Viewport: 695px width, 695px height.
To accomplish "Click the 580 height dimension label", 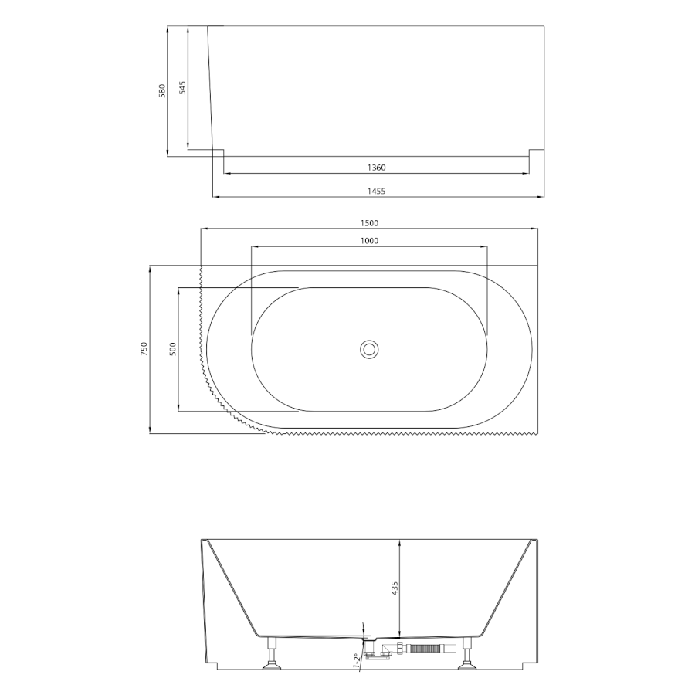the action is [x=162, y=90].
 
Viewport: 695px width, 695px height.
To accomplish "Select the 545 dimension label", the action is [x=182, y=88].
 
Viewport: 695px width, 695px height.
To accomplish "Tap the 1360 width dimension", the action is [x=376, y=168].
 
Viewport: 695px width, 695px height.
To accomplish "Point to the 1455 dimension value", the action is [x=376, y=191].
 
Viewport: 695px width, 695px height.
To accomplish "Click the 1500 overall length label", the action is [x=369, y=223].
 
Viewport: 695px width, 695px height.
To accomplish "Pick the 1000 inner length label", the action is [x=369, y=241].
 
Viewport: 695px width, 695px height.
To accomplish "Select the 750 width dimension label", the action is [x=144, y=349].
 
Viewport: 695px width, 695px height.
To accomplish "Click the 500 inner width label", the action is [x=173, y=349].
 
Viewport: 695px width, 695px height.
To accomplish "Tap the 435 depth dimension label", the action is [x=395, y=588].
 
